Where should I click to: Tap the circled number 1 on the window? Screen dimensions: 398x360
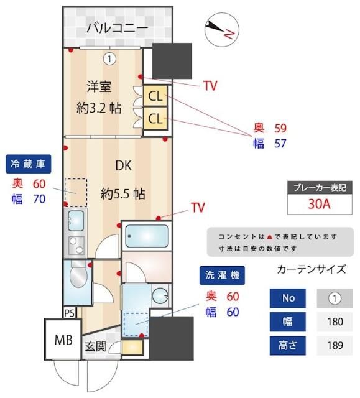(x=109, y=59)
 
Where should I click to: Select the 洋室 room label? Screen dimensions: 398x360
(x=98, y=87)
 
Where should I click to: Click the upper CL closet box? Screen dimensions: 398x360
(x=155, y=96)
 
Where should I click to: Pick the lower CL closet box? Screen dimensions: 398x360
(x=155, y=118)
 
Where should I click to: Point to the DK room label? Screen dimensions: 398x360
(x=124, y=166)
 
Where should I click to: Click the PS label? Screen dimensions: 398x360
(x=70, y=312)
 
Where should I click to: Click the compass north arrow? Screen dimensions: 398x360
(x=219, y=28)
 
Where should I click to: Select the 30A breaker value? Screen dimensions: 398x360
(x=319, y=204)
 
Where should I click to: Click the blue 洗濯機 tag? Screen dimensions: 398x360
(x=222, y=274)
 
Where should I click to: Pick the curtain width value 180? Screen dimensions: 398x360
(x=335, y=322)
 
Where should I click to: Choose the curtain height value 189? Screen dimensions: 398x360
(x=335, y=345)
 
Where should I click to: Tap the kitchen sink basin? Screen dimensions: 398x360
(x=76, y=219)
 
